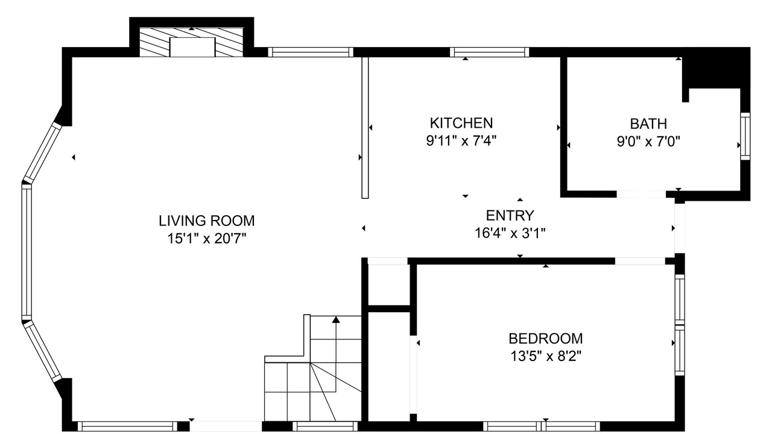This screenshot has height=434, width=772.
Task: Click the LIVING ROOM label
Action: pos(206,221)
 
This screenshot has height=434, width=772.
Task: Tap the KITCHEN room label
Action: pos(461,123)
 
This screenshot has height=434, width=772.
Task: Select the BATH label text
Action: pos(648,124)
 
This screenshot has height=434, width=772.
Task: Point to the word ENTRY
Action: pos(510,216)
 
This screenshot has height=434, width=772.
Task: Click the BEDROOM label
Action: pos(546,339)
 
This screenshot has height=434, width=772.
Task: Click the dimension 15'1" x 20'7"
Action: pos(207,238)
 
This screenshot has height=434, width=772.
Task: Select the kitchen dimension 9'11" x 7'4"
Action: pos(461,140)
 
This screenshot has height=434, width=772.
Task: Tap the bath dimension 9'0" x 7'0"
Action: pos(648,141)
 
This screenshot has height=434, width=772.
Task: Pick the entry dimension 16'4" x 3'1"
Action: pos(510,233)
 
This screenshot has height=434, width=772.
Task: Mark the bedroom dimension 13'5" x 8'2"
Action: pos(546,356)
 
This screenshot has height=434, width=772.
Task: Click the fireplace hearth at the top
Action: pos(191,42)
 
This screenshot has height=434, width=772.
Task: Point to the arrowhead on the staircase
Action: pos(336,319)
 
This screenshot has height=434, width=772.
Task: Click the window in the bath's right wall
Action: pos(745,136)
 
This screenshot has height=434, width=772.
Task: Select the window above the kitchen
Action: pos(489,52)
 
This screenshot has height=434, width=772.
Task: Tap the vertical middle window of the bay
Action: pos(27,252)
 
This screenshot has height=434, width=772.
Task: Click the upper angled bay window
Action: pos(42,153)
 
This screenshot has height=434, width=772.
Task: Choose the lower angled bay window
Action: pos(42,351)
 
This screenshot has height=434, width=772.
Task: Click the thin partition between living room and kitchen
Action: pos(365,127)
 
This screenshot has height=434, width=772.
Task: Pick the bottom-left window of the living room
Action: pos(127,426)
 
